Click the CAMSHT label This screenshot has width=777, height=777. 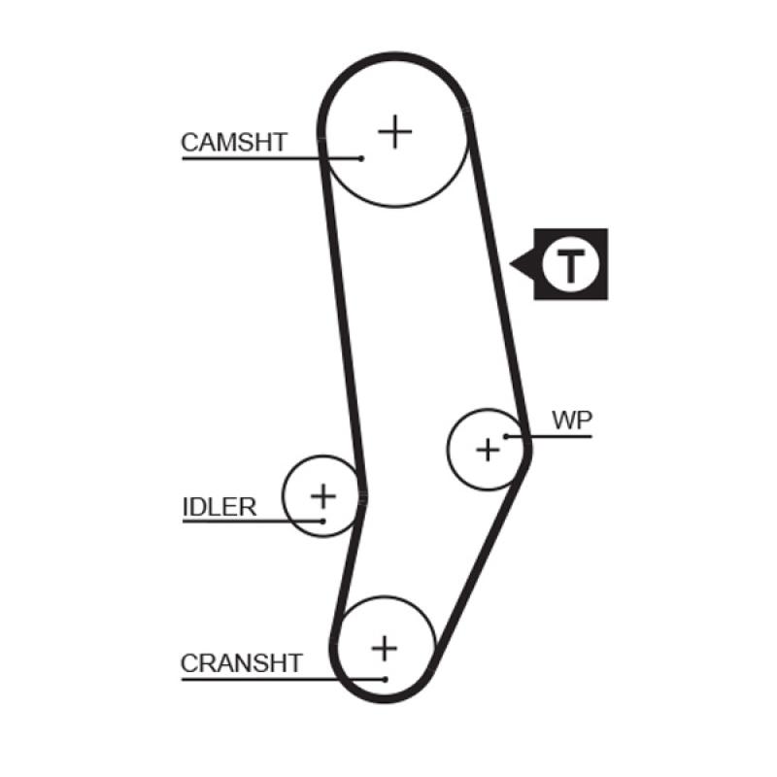234,143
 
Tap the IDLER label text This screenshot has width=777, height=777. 220,506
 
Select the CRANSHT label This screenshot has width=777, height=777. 242,663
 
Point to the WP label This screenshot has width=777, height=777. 572,421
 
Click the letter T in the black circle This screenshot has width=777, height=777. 570,263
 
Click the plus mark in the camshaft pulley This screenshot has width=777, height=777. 394,130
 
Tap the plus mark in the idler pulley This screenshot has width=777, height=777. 322,496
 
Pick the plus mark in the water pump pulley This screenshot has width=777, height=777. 488,449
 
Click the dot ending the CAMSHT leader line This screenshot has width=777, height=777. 361,157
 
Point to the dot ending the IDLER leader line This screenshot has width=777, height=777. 321,522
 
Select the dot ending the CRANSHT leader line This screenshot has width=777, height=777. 386,678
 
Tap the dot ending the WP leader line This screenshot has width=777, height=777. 505,436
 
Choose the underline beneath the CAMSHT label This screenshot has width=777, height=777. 253,157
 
